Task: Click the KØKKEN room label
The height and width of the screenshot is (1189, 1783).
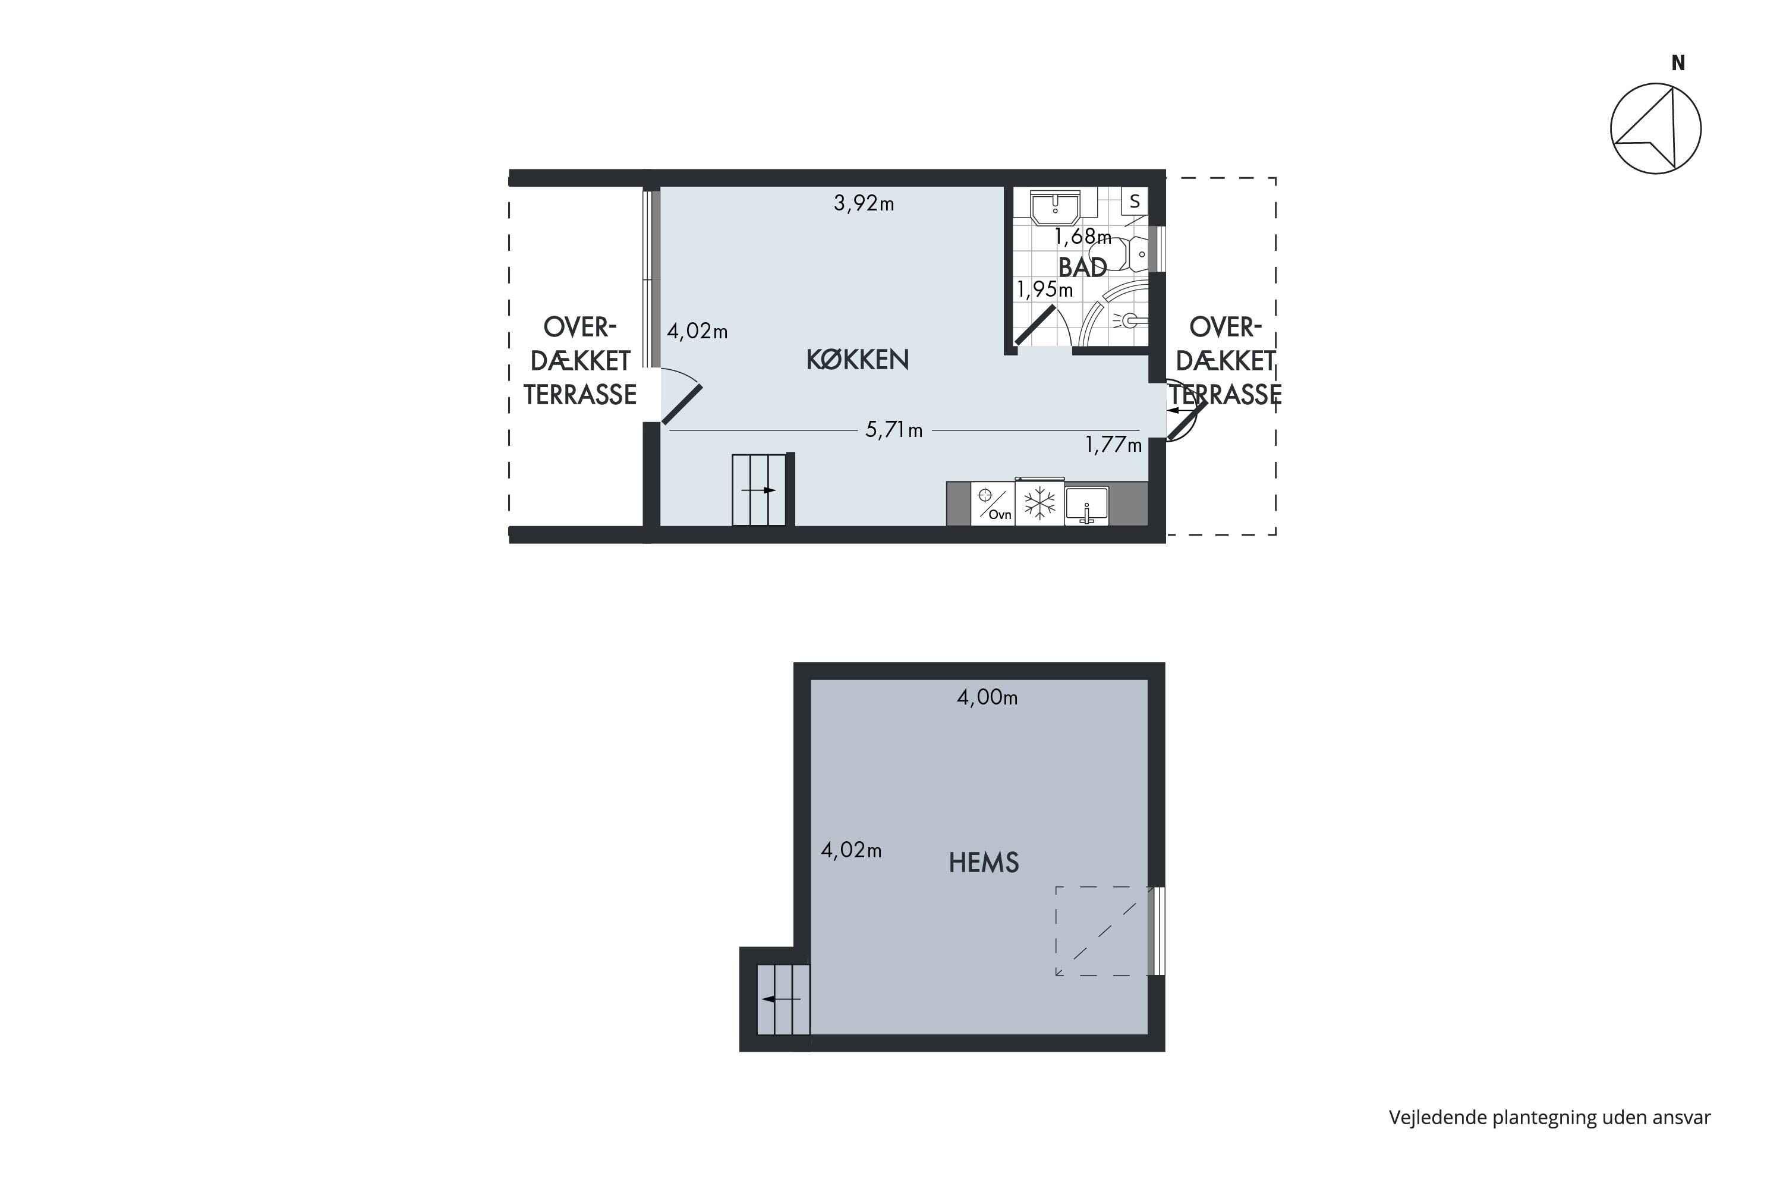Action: tap(858, 360)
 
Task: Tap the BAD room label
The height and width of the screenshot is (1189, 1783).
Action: tap(1082, 267)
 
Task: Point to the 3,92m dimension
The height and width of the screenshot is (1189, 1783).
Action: tap(864, 203)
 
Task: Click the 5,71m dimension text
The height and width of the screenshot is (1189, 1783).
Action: tap(894, 430)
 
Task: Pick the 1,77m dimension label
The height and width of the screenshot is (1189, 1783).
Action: tap(1113, 444)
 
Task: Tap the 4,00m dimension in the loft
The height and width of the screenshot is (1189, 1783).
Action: tap(987, 697)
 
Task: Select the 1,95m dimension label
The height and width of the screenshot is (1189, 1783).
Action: tap(1045, 289)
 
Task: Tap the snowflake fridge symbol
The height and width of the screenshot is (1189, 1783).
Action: tap(1039, 503)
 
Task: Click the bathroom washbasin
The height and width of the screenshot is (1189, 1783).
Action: tap(1054, 207)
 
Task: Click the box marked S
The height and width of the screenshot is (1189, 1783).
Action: tap(1134, 202)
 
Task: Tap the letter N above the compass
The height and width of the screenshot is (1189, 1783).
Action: tap(1678, 64)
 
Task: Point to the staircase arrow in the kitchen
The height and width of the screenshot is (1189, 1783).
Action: tap(759, 490)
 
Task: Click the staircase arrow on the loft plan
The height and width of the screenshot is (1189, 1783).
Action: tap(781, 999)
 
